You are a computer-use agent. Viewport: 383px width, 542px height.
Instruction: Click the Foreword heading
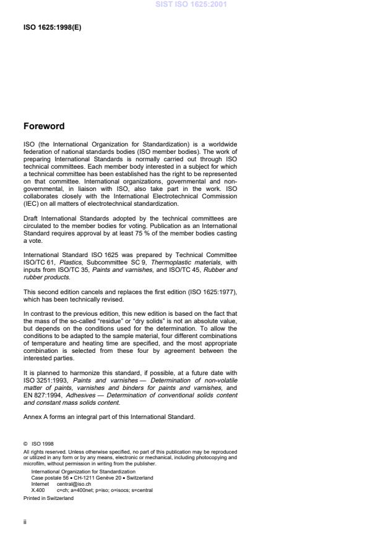[x=44, y=126]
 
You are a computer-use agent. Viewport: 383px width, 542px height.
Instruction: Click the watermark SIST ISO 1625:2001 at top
[x=191, y=5]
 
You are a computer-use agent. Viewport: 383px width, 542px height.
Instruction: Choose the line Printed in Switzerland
[x=48, y=497]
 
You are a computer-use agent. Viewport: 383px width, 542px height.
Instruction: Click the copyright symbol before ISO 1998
[x=25, y=443]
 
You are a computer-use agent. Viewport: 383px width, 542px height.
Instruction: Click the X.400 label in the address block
[x=38, y=489]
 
